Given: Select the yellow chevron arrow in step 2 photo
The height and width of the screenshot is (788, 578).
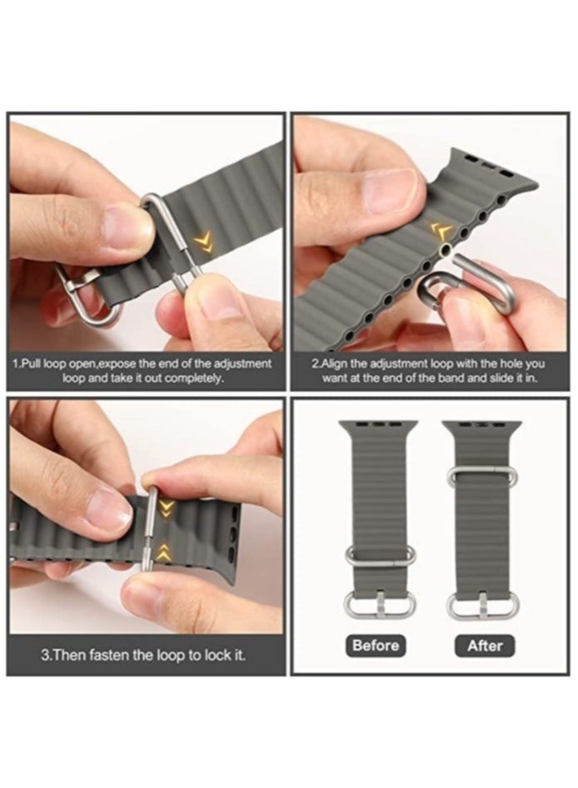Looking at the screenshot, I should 441,231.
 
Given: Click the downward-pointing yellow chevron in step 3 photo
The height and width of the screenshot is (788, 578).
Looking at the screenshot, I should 167,507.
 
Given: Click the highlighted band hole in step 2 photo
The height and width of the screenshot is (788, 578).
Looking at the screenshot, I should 451,250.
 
